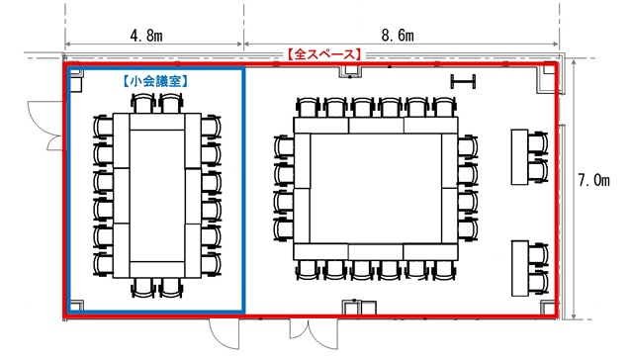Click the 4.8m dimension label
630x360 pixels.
point(146,36)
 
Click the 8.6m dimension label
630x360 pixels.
point(398,36)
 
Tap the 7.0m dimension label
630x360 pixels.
point(593,180)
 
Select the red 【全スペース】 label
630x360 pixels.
point(324,54)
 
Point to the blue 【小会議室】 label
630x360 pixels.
point(155,81)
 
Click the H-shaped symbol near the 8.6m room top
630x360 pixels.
point(463,81)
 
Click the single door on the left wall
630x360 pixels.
point(45,126)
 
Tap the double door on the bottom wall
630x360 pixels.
point(314,332)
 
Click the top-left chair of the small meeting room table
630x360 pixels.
point(143,103)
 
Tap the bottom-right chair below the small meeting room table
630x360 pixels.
point(171,288)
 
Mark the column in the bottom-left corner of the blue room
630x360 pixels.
point(77,306)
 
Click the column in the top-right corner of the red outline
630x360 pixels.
point(549,70)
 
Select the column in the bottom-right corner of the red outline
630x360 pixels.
point(548,308)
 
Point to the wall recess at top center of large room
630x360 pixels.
point(351,71)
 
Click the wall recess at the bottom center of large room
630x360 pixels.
point(359,308)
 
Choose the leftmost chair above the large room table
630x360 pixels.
point(308,107)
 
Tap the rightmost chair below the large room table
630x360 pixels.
point(443,270)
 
